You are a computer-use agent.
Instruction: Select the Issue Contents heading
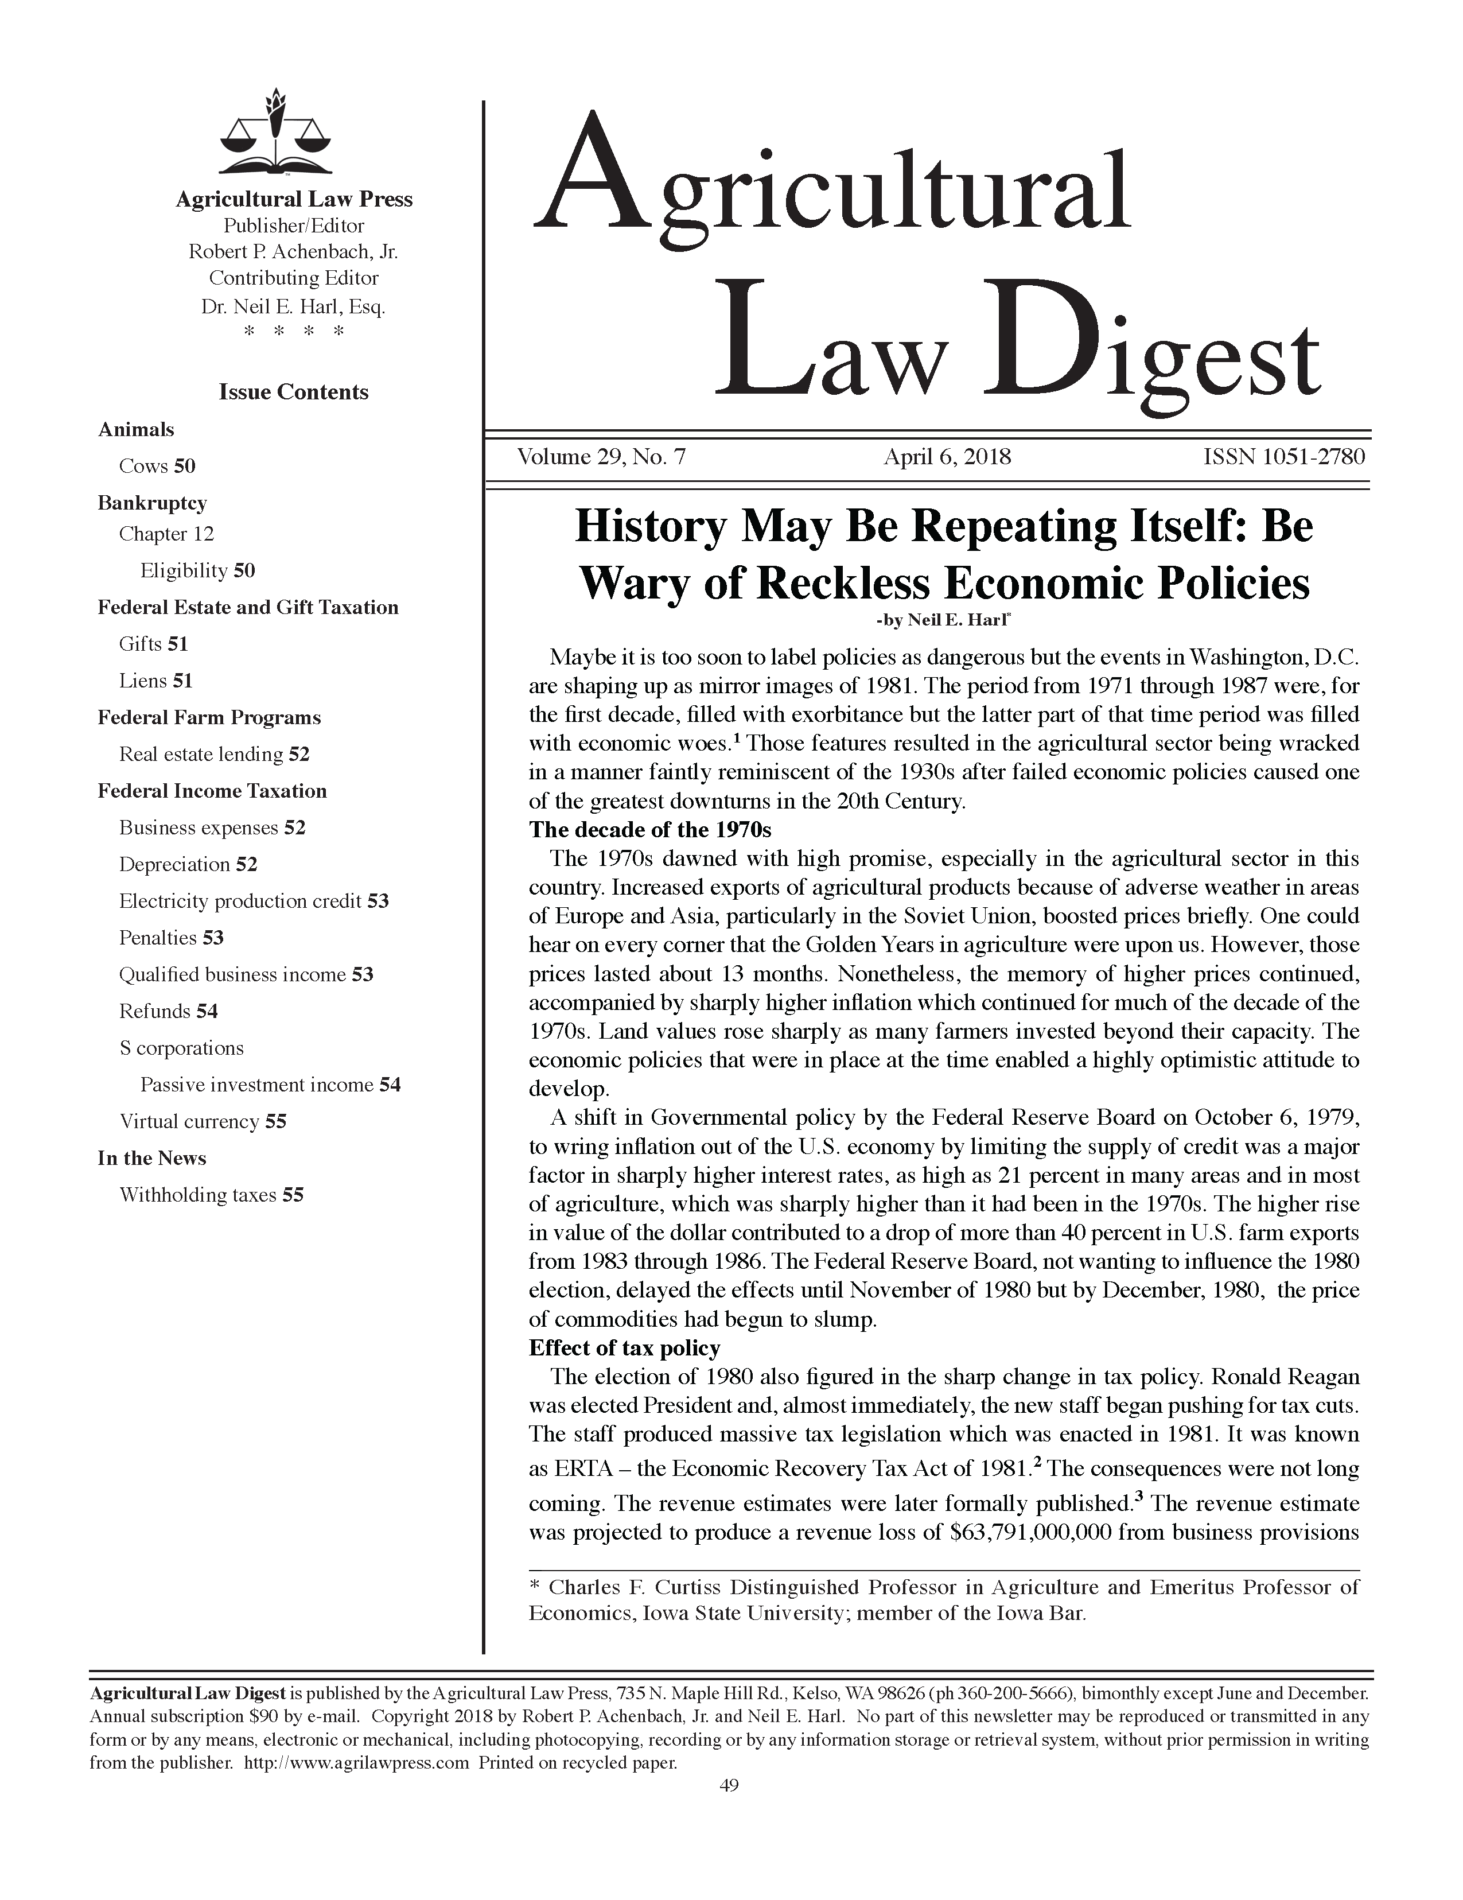293,393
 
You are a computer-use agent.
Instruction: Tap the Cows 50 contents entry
157,467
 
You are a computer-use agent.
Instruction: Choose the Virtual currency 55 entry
203,1121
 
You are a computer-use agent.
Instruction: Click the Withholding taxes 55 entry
211,1195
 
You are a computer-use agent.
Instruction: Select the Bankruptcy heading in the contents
152,503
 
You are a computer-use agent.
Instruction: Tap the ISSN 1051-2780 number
1283,457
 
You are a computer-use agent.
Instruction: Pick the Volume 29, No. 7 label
601,457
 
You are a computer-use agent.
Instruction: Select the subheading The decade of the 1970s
649,829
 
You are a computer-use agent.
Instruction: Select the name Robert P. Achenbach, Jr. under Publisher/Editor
293,252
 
